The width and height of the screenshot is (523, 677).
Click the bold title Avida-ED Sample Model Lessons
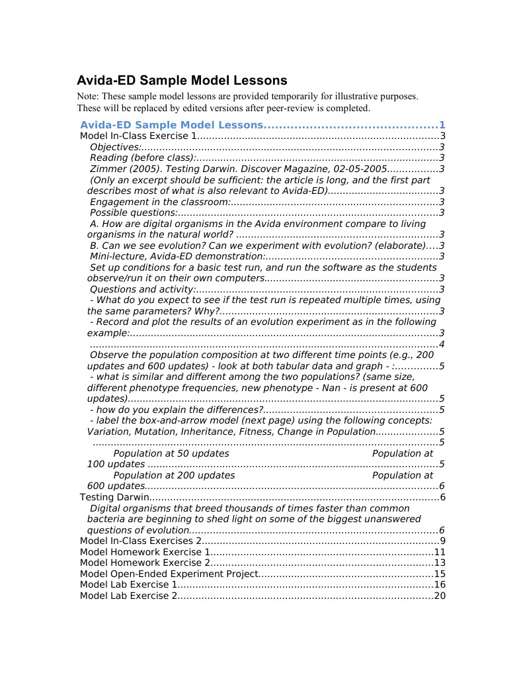182,81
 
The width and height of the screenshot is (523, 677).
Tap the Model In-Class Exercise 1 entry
138,136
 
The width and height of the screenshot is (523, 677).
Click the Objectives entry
116,147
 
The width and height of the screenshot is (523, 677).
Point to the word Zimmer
106,169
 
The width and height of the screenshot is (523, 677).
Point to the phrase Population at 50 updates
171,453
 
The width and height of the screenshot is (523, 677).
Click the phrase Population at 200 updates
174,475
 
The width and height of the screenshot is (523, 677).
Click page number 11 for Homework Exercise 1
440,552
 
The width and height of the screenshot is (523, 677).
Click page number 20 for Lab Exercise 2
440,596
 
